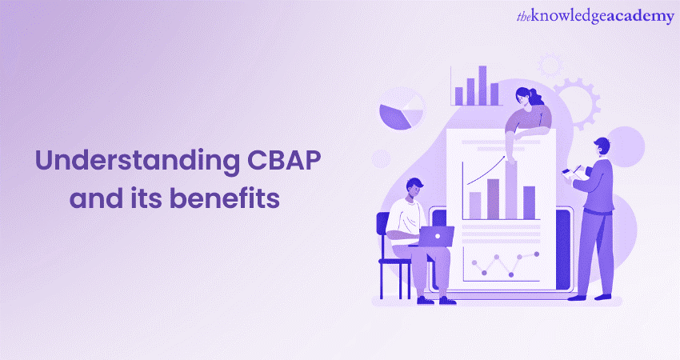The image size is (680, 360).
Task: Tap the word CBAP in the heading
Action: point(284,160)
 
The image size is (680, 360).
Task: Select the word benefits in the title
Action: point(224,198)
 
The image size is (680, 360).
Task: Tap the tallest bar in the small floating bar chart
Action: point(482,86)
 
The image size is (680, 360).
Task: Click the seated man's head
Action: point(415,188)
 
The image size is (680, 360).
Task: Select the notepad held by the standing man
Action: point(574,173)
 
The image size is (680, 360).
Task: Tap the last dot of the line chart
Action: point(537,254)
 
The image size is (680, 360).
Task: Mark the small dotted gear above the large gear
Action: point(550,65)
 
